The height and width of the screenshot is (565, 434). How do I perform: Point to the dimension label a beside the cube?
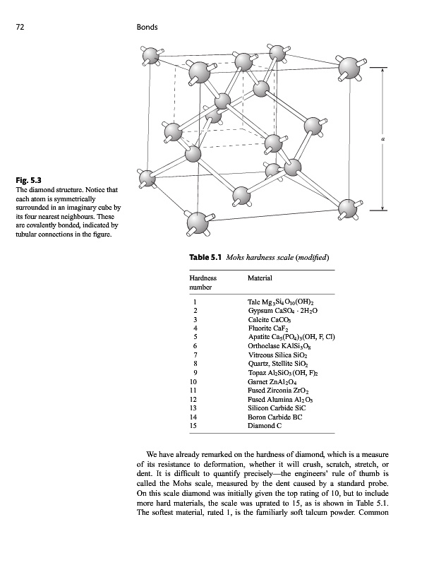tap(383, 139)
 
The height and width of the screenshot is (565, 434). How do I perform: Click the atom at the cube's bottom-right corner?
tap(348, 208)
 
